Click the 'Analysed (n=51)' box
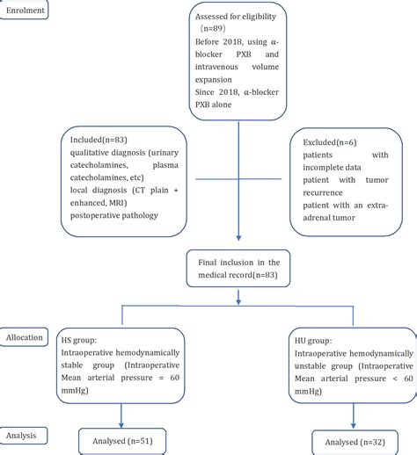pyautogui.click(x=121, y=440)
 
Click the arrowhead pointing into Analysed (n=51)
pyautogui.click(x=120, y=422)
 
